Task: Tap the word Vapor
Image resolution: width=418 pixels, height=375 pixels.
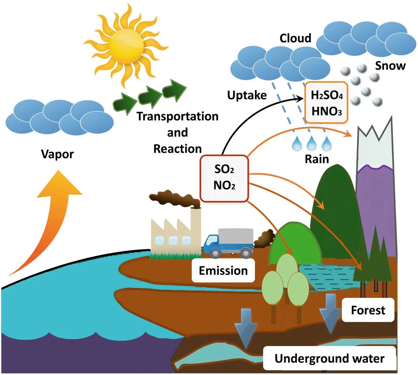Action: (x=57, y=154)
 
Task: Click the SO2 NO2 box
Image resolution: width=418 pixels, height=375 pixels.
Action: (x=224, y=178)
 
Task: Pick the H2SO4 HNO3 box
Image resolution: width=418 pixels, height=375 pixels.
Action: (x=326, y=103)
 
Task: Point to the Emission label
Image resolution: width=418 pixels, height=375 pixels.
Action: (x=223, y=270)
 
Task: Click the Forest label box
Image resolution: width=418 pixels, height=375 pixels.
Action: (x=368, y=310)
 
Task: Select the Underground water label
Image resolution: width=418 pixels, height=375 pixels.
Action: (x=329, y=358)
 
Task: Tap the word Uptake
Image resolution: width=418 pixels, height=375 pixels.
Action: (x=247, y=95)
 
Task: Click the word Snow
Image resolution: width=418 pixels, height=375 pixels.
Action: (x=390, y=66)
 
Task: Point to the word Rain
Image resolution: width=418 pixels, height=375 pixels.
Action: (x=317, y=159)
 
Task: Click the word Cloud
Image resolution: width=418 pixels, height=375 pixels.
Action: (x=295, y=38)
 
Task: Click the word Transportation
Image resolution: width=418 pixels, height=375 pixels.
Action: (x=177, y=116)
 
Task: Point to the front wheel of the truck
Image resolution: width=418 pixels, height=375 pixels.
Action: (x=216, y=253)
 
